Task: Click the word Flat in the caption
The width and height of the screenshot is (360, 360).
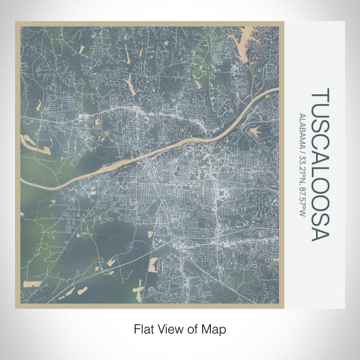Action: coord(143,328)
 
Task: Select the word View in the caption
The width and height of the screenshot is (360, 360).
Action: coord(169,328)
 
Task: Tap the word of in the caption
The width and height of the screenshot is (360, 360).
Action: coord(191,328)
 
